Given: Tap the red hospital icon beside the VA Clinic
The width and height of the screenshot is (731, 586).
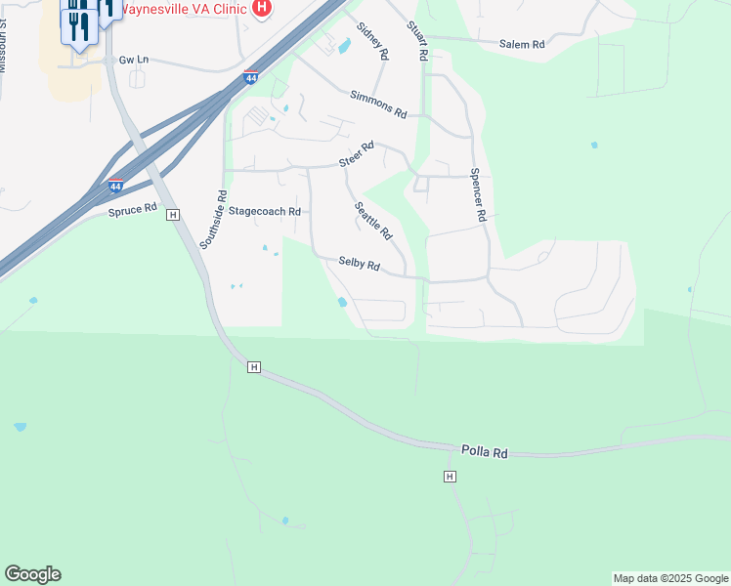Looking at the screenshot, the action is pyautogui.click(x=261, y=8).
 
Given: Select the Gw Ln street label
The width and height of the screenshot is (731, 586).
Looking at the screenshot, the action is pyautogui.click(x=133, y=60).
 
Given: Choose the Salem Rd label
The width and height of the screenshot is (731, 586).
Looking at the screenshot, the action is pyautogui.click(x=521, y=44).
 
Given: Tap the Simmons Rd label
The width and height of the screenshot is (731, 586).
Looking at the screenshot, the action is pyautogui.click(x=378, y=104).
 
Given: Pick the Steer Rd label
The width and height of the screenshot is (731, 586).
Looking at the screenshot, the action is pyautogui.click(x=358, y=155).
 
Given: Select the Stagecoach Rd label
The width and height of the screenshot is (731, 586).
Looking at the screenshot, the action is pyautogui.click(x=264, y=211).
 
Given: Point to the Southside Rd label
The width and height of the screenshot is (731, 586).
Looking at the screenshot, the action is pyautogui.click(x=214, y=219).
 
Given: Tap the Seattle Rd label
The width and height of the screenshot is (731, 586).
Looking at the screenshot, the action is pyautogui.click(x=372, y=222).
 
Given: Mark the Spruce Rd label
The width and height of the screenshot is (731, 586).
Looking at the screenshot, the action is pyautogui.click(x=132, y=209).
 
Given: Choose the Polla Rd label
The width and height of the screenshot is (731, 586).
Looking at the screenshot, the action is pyautogui.click(x=486, y=453).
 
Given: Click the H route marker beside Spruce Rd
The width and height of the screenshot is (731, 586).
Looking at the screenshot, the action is pyautogui.click(x=173, y=215).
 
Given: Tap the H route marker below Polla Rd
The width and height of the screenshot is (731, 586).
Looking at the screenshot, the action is pyautogui.click(x=450, y=476).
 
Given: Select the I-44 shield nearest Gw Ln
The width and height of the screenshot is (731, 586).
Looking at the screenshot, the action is pyautogui.click(x=251, y=77).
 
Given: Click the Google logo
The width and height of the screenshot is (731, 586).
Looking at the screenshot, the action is pyautogui.click(x=32, y=574).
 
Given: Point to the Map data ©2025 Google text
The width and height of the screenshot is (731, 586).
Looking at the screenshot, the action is pyautogui.click(x=670, y=578).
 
